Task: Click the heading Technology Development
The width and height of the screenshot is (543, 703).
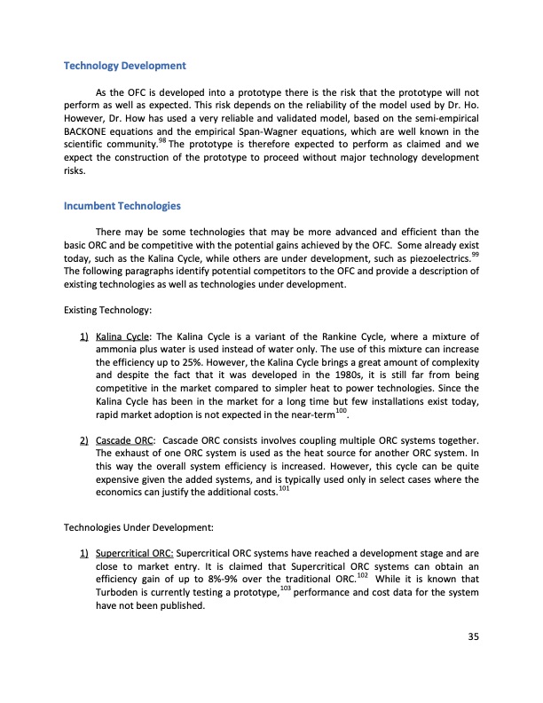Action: pos(124,66)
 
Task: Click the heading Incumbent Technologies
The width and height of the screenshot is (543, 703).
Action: pos(122,206)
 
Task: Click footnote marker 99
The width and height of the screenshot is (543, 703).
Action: pos(475,252)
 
